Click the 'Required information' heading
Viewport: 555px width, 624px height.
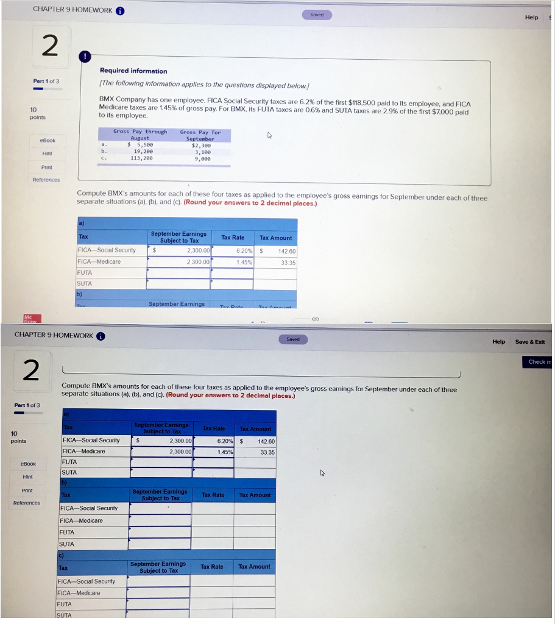pos(133,71)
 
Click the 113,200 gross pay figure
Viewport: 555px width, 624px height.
pos(141,158)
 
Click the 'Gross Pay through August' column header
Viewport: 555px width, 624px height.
pos(140,135)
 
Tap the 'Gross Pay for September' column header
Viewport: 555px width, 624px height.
pos(200,135)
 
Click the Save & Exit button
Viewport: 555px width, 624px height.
pos(529,342)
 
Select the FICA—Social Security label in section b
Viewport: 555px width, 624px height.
pos(89,508)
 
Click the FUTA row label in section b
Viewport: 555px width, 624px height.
pos(66,532)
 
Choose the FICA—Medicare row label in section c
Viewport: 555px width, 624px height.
pos(79,593)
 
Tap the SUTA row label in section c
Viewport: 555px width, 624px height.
pos(63,615)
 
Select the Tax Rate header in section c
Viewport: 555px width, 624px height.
pos(212,567)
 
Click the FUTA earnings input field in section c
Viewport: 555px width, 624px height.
pos(158,604)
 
